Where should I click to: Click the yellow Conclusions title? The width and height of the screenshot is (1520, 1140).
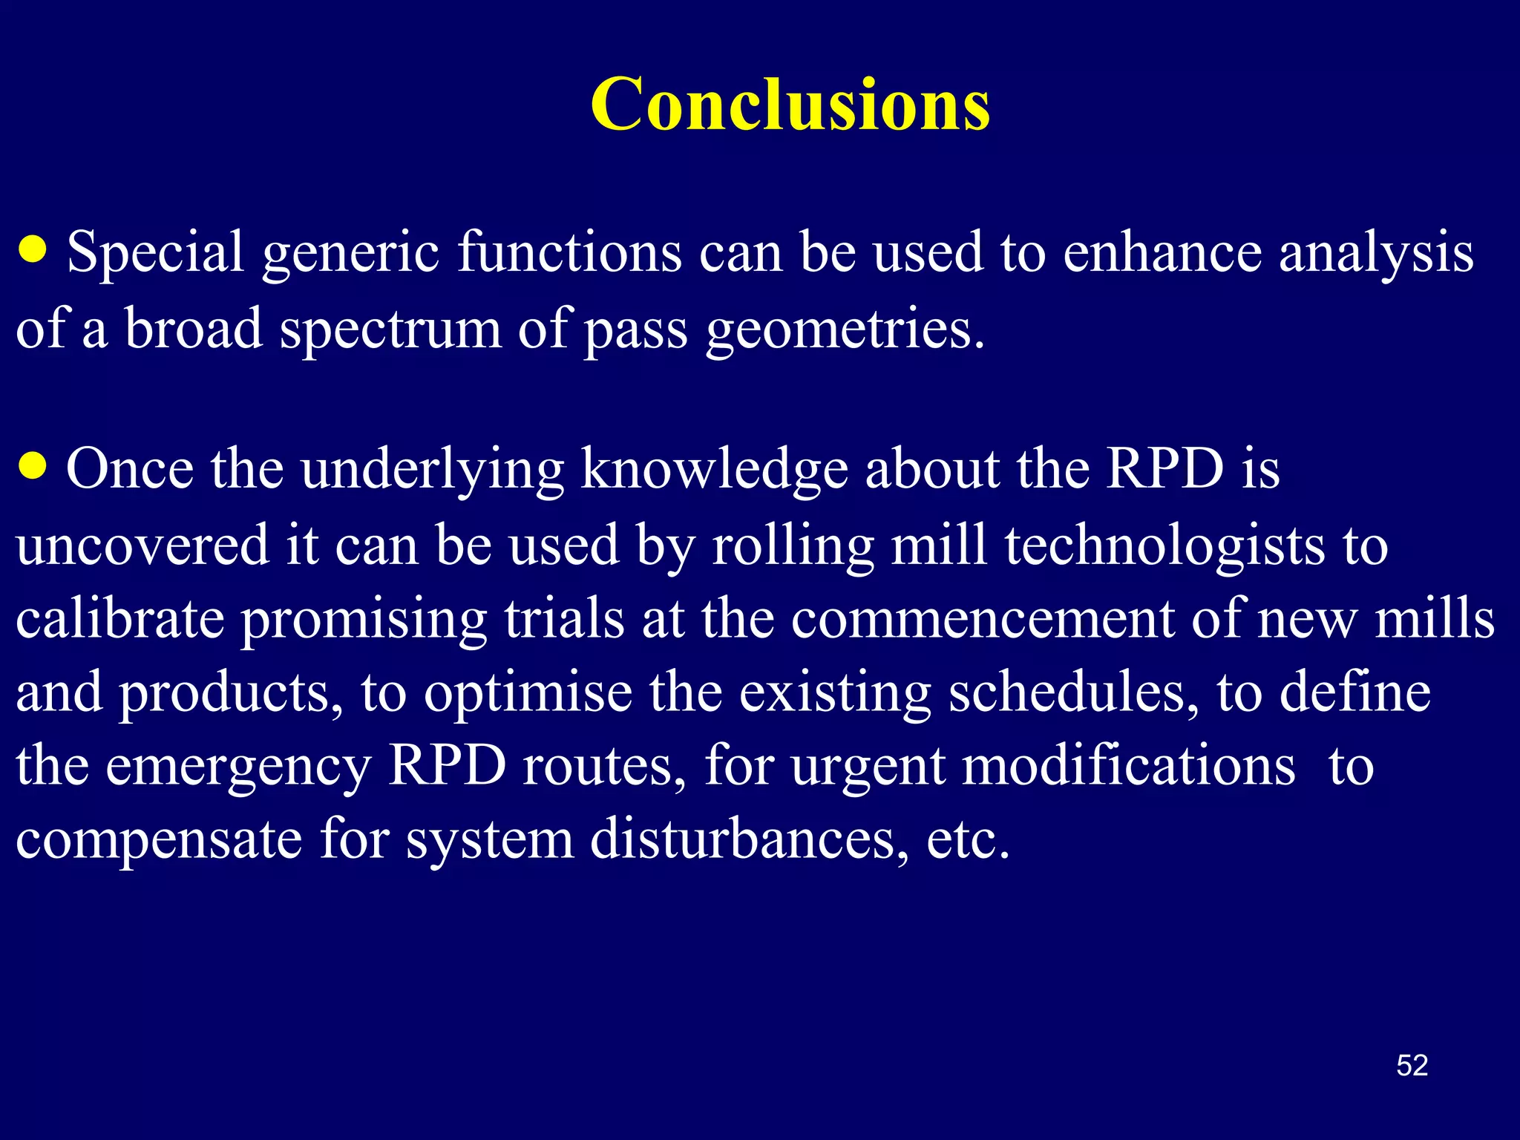tap(790, 105)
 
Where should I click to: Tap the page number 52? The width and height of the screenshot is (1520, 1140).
tap(1412, 1066)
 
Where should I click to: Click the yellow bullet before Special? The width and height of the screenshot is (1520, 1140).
tap(33, 249)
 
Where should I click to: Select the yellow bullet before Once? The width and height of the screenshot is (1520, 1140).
tap(33, 467)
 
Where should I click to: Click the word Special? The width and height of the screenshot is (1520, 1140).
tap(155, 253)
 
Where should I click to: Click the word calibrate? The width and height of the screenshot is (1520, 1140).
tap(120, 618)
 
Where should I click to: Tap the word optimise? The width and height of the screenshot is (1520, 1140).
tap(528, 692)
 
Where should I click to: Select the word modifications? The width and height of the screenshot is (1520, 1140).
tap(1129, 765)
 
